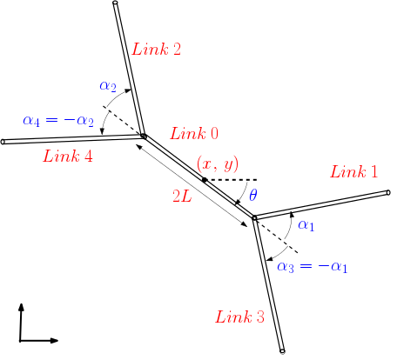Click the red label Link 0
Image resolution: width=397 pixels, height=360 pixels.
(x=194, y=134)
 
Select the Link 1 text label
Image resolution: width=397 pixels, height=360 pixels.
(x=354, y=172)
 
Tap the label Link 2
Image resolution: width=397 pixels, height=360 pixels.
(x=157, y=49)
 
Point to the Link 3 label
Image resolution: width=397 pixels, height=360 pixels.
(x=239, y=317)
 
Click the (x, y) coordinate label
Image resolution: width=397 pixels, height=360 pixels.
(x=218, y=163)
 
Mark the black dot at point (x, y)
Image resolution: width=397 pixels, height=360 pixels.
(x=205, y=180)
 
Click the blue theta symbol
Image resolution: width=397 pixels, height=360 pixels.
(x=253, y=195)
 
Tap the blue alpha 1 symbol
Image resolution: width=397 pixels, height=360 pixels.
(x=306, y=226)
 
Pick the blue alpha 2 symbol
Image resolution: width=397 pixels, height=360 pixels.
(x=108, y=85)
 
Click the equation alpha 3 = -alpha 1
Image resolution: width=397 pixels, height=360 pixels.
(x=313, y=266)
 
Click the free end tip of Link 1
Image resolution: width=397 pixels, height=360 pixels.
(x=389, y=192)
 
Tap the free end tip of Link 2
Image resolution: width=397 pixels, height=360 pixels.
(x=115, y=4)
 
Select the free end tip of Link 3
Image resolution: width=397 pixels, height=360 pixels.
(x=283, y=351)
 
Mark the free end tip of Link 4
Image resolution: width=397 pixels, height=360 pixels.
(x=3, y=142)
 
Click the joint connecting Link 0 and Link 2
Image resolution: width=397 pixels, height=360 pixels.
(x=144, y=136)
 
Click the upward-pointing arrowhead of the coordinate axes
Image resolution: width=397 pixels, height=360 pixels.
(x=21, y=307)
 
